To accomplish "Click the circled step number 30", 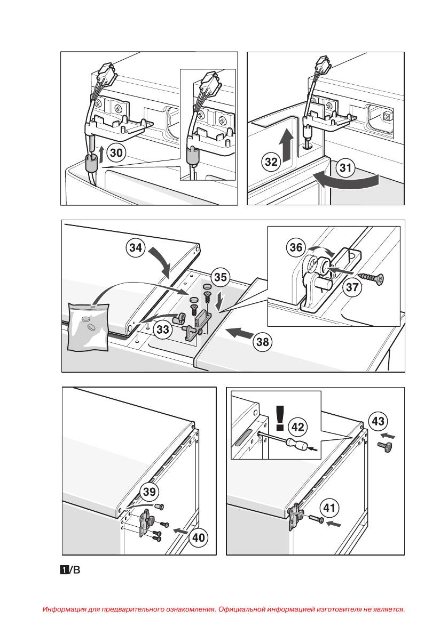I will coord(116,154).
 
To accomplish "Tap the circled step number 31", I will coord(346,169).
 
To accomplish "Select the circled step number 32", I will coord(272,162).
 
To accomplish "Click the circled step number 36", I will coord(295,247).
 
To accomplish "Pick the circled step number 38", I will coord(263,342).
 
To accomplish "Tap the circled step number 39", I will coord(150,492).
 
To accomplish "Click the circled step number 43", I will coord(378,421).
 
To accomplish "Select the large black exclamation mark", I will coord(280,419).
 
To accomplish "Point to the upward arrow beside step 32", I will coord(287,147).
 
